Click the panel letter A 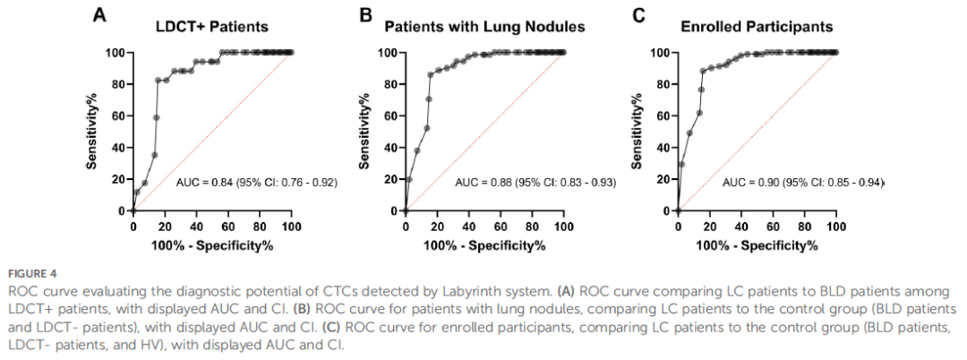coord(100,15)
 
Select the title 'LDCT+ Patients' coord(212,27)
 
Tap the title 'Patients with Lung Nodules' coord(484,28)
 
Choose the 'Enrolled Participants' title coord(757,27)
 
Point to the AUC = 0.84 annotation coord(257,183)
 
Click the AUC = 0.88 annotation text coord(535,183)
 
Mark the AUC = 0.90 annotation coord(803,183)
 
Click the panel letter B coord(367,15)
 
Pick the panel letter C coord(639,15)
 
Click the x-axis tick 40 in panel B coord(468,226)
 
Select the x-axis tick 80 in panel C coord(805,226)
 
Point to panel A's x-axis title coord(212,245)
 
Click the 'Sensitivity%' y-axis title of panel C coord(638,131)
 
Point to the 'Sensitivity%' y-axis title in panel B coord(364,131)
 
